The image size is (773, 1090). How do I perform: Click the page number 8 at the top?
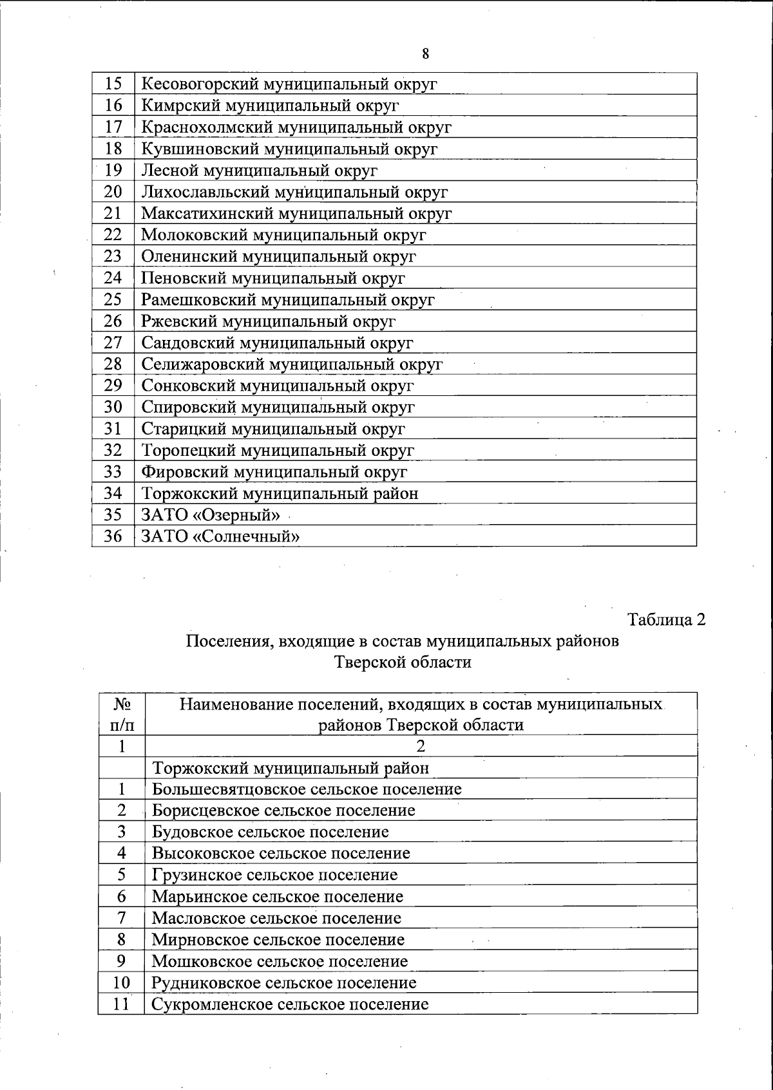click(425, 54)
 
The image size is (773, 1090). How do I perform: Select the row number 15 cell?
click(113, 84)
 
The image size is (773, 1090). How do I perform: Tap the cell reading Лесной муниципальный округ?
click(259, 171)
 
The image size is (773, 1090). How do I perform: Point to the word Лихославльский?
click(205, 192)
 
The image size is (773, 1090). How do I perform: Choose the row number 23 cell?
click(113, 256)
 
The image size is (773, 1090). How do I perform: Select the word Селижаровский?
click(200, 364)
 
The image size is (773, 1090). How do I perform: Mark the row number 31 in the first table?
click(113, 429)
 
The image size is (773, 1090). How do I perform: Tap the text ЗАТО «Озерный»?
click(211, 515)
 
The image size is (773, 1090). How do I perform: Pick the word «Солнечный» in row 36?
click(246, 536)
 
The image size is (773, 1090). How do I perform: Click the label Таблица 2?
click(666, 619)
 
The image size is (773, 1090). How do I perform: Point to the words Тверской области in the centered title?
click(403, 662)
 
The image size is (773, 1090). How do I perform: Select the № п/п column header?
click(122, 714)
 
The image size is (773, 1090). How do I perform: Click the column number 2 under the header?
click(421, 746)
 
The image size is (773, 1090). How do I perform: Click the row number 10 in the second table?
click(121, 982)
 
